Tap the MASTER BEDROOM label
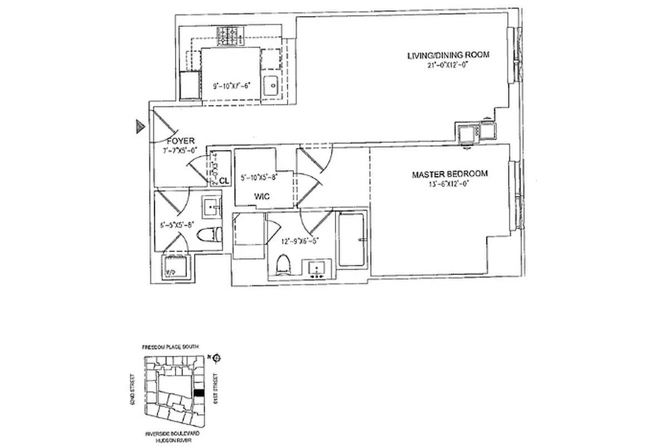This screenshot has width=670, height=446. [x=449, y=174]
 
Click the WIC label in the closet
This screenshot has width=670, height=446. [x=263, y=196]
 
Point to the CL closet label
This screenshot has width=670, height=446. [x=224, y=181]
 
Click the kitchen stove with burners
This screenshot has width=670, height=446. [x=230, y=37]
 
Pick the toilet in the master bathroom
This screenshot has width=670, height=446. [x=284, y=265]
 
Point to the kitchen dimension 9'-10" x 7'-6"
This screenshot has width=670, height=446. [x=232, y=86]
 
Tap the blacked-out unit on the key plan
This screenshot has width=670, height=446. [x=199, y=393]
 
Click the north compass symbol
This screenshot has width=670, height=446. [x=216, y=358]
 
